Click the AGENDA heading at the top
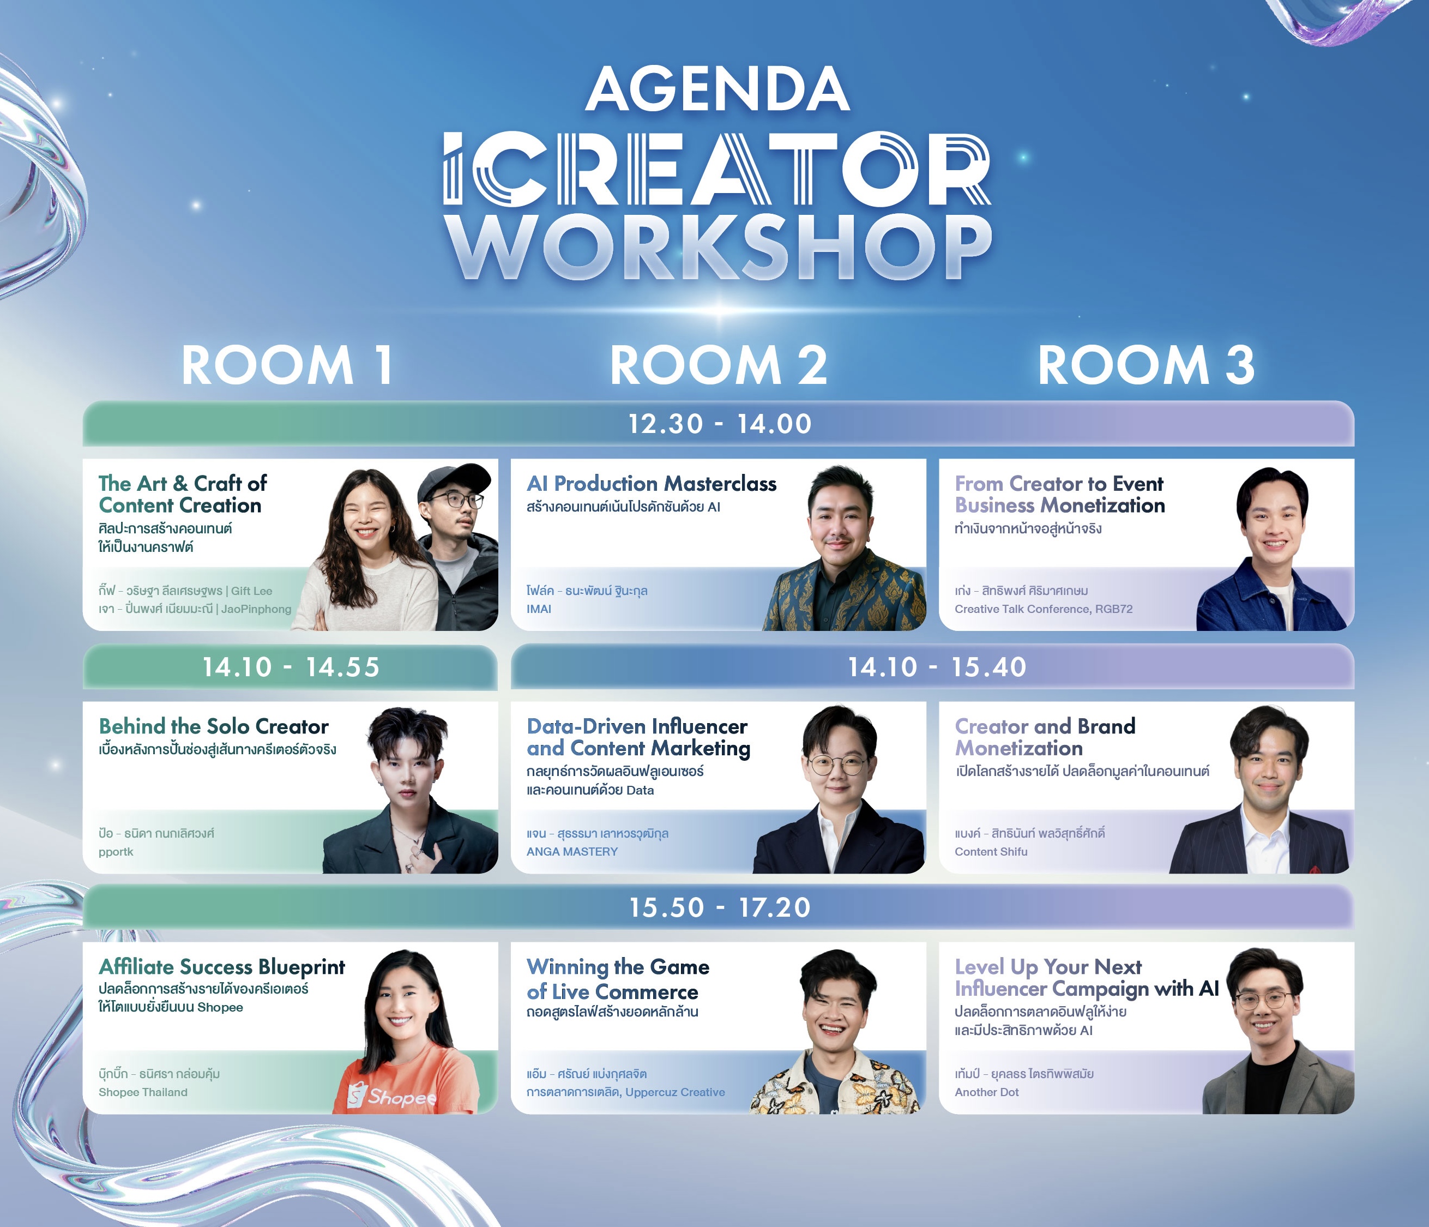(x=717, y=89)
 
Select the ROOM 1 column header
(x=287, y=365)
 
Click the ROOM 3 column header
(x=1146, y=365)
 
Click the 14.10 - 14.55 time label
(x=291, y=667)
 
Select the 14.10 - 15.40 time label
(x=937, y=667)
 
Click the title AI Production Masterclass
(x=652, y=484)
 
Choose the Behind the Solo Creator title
(x=214, y=726)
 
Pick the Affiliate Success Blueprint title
(x=221, y=967)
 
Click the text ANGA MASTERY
(x=572, y=852)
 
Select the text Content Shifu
(x=991, y=852)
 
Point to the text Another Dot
(x=986, y=1092)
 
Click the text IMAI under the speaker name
(x=539, y=609)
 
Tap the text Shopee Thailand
(x=143, y=1092)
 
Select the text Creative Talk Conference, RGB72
(x=1044, y=609)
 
